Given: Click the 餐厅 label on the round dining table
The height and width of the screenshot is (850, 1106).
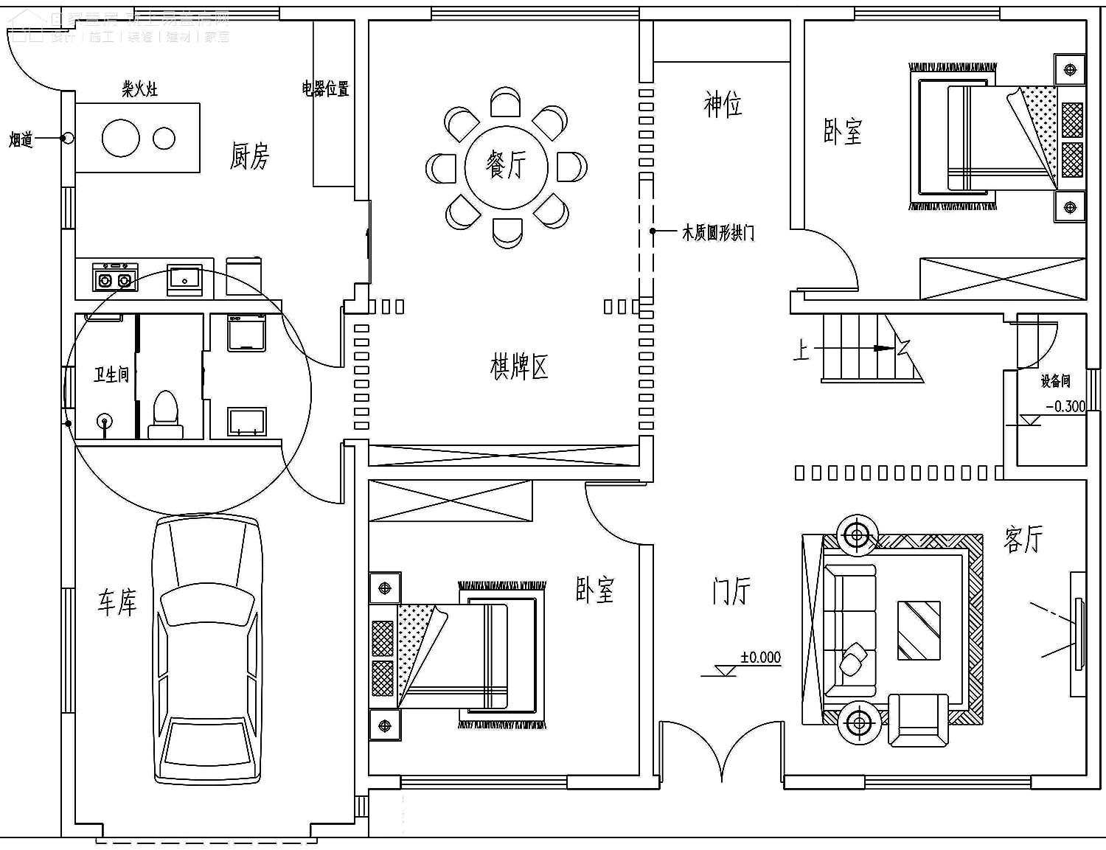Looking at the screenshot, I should coord(507,164).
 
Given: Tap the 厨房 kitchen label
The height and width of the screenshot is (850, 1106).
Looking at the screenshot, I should coord(250,156).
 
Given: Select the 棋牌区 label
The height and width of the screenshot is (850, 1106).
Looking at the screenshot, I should coord(520,366).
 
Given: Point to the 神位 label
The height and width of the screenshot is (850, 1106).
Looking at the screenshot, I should coord(723,104).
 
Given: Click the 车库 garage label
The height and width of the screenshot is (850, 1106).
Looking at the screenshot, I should coord(117,602).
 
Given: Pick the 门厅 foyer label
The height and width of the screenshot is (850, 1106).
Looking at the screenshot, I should coord(731,591).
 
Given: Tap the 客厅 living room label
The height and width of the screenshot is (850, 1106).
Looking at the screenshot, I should coord(1023,539).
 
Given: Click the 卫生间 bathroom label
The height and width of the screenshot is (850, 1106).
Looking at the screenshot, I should coord(111,375).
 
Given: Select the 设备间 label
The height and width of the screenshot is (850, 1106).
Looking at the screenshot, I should coord(1055,381).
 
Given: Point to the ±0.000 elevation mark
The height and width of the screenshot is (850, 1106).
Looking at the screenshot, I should coord(760,657).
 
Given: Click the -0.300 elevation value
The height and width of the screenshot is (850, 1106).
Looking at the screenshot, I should coord(1066,406).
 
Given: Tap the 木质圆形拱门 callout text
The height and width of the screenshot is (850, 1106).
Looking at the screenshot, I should coord(718,234).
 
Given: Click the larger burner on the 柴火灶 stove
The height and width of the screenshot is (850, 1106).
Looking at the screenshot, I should coord(121,138).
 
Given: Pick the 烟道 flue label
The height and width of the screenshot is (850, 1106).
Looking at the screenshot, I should coord(21,139).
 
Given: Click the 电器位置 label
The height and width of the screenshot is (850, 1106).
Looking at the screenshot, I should coord(325,89).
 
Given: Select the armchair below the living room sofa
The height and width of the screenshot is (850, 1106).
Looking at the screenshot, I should coord(919,719).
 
